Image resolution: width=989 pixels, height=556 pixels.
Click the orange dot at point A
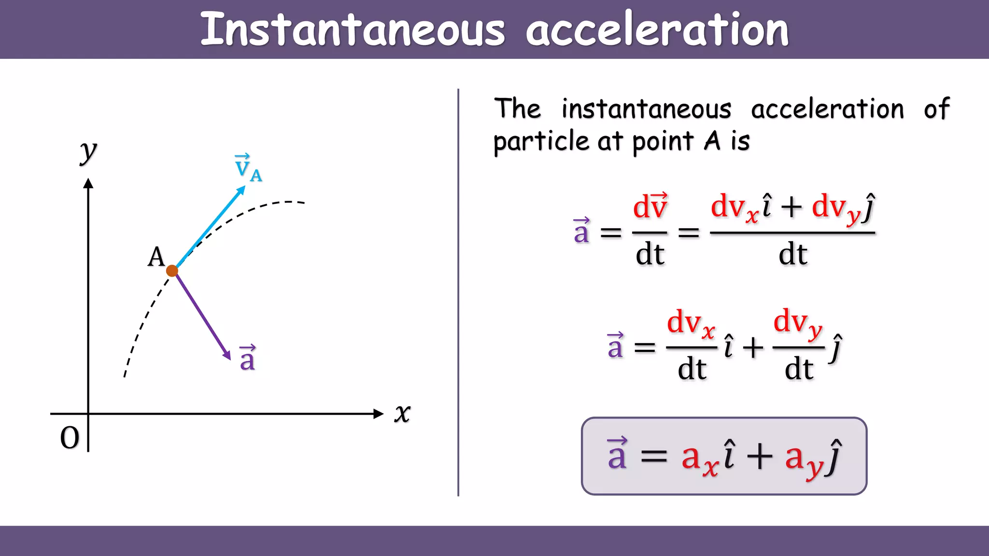(x=172, y=271)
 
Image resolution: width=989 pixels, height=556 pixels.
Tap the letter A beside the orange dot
(x=156, y=257)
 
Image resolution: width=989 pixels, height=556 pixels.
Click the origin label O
(x=70, y=438)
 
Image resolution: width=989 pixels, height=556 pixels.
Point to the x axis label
(x=402, y=414)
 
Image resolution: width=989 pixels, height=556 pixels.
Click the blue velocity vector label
(x=247, y=168)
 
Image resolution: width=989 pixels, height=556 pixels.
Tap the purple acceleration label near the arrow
(x=247, y=358)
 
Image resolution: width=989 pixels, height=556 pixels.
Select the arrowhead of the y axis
(x=88, y=183)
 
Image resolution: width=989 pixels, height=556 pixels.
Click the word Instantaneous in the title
(x=353, y=30)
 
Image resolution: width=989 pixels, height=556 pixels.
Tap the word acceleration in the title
(x=657, y=30)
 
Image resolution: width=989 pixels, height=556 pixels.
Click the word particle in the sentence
(x=541, y=142)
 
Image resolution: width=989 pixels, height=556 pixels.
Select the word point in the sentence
(x=663, y=142)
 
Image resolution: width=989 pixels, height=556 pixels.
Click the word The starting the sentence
(x=517, y=109)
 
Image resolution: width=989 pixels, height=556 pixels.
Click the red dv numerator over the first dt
(x=650, y=206)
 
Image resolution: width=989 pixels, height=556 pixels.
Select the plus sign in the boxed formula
(x=760, y=456)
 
